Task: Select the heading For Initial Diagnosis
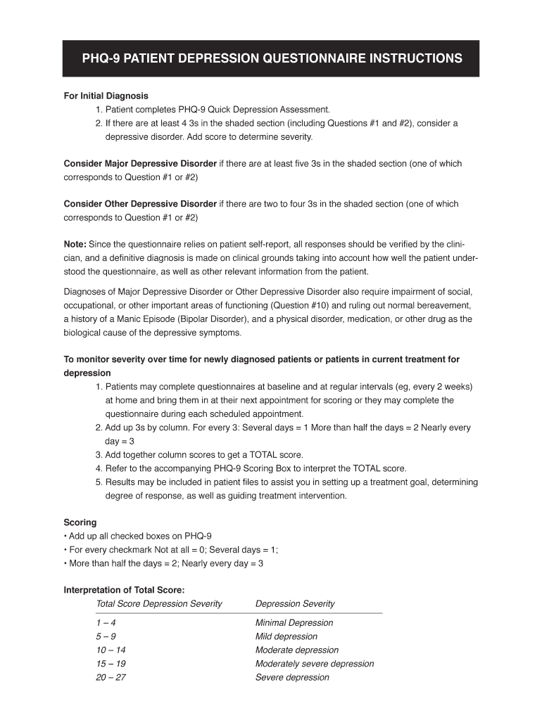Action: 106,96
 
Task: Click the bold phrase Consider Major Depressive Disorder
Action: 140,164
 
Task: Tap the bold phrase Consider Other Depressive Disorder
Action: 140,204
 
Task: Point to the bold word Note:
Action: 75,245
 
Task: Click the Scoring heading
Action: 80,522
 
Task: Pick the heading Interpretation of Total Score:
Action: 125,591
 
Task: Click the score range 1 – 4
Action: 106,623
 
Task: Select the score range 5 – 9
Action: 106,636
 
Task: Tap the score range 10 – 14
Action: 111,650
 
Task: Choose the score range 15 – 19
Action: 111,664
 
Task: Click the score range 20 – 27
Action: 111,678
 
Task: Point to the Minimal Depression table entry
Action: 294,623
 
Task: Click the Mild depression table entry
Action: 286,636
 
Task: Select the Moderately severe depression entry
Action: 315,664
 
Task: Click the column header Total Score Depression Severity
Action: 159,604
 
